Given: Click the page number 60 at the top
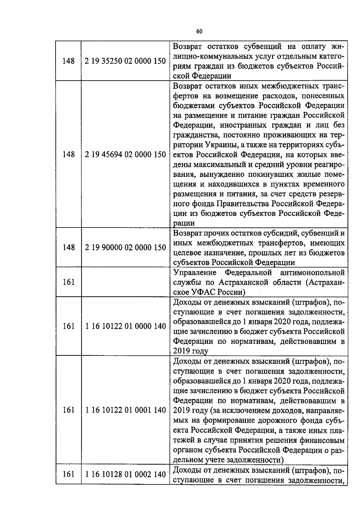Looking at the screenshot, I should point(199,31).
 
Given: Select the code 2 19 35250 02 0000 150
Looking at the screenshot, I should point(125,61).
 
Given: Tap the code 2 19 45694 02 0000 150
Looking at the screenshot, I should point(125,155).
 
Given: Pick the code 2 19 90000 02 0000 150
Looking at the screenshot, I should point(125,248).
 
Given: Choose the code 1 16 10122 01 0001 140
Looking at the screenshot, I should point(125,410).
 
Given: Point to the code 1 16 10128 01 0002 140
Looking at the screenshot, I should point(125,475).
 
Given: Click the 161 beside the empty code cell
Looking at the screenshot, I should point(69,282).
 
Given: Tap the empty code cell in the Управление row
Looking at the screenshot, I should point(125,282).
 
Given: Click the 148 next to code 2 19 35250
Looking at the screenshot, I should point(69,61).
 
